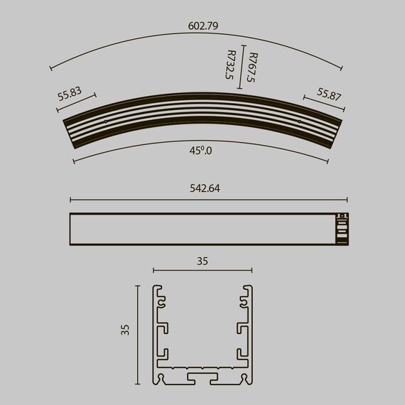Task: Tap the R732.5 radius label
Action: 229,65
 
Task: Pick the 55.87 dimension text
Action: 330,94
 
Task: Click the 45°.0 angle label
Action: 201,150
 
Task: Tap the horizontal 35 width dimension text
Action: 202,261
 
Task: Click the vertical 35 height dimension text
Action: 125,329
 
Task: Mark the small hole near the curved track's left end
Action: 106,121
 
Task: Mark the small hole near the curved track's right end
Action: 298,121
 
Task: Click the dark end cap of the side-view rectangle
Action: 342,229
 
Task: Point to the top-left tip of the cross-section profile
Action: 158,288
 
